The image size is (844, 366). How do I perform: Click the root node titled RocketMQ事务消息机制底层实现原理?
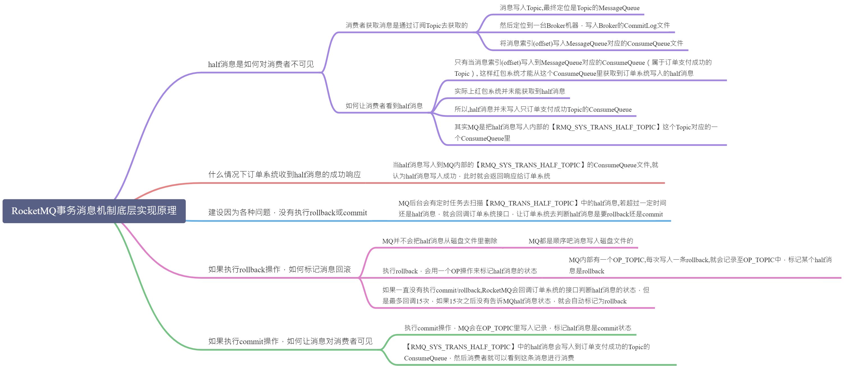(x=94, y=211)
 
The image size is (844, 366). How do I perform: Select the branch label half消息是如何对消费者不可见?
(x=261, y=64)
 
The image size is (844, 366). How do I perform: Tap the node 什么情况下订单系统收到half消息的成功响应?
(x=284, y=175)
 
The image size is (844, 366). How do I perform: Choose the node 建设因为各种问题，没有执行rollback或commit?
(x=287, y=212)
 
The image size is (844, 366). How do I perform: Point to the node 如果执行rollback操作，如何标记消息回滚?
(x=280, y=269)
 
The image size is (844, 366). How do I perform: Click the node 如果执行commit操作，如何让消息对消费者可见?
(x=290, y=341)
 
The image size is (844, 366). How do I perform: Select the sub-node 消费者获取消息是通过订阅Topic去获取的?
(x=407, y=25)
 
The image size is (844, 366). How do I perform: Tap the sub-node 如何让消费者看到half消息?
(x=384, y=106)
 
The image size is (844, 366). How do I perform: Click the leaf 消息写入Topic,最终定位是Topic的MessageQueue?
(x=570, y=8)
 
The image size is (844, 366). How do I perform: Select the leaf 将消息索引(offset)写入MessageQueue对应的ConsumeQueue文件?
(x=591, y=43)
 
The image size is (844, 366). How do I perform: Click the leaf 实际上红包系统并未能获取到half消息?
(x=509, y=91)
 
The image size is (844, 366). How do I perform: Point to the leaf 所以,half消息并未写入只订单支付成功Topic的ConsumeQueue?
(x=543, y=109)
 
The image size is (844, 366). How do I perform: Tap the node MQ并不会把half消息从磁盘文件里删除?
(x=440, y=241)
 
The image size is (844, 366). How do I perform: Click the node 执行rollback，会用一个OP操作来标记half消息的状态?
(x=460, y=271)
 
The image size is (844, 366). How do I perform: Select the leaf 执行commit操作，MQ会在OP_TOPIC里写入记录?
(x=518, y=328)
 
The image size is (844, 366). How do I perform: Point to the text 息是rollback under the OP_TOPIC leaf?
(x=586, y=271)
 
